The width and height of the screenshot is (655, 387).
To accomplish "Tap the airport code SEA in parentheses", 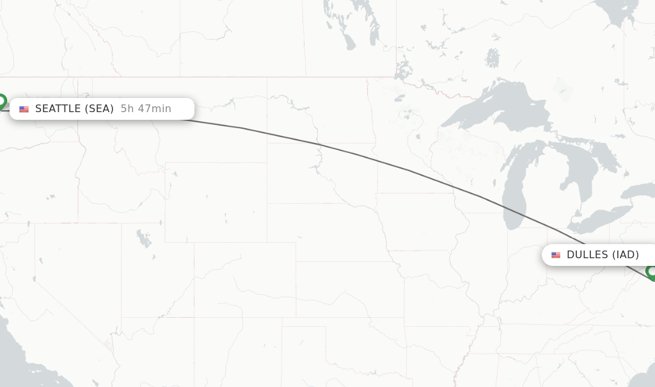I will (99, 109).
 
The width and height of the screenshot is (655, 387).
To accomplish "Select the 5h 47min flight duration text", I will (146, 109).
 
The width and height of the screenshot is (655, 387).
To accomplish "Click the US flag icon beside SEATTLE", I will (24, 110).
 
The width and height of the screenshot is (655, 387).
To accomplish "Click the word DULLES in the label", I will (587, 255).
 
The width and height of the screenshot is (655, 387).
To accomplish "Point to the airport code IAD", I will (625, 255).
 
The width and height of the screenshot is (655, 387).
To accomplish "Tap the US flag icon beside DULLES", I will (556, 255).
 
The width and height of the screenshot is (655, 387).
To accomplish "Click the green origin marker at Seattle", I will (1, 101).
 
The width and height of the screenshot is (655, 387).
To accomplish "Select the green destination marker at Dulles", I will (652, 272).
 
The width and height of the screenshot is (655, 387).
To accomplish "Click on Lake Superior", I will (486, 106).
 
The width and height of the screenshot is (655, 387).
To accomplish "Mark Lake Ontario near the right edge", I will (640, 191).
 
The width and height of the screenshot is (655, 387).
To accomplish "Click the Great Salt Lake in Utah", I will (143, 239).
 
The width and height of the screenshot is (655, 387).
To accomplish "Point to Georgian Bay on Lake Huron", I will (604, 154).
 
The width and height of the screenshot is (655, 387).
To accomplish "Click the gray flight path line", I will (358, 154).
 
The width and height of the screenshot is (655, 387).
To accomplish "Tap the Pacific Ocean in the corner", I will (13, 359).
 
